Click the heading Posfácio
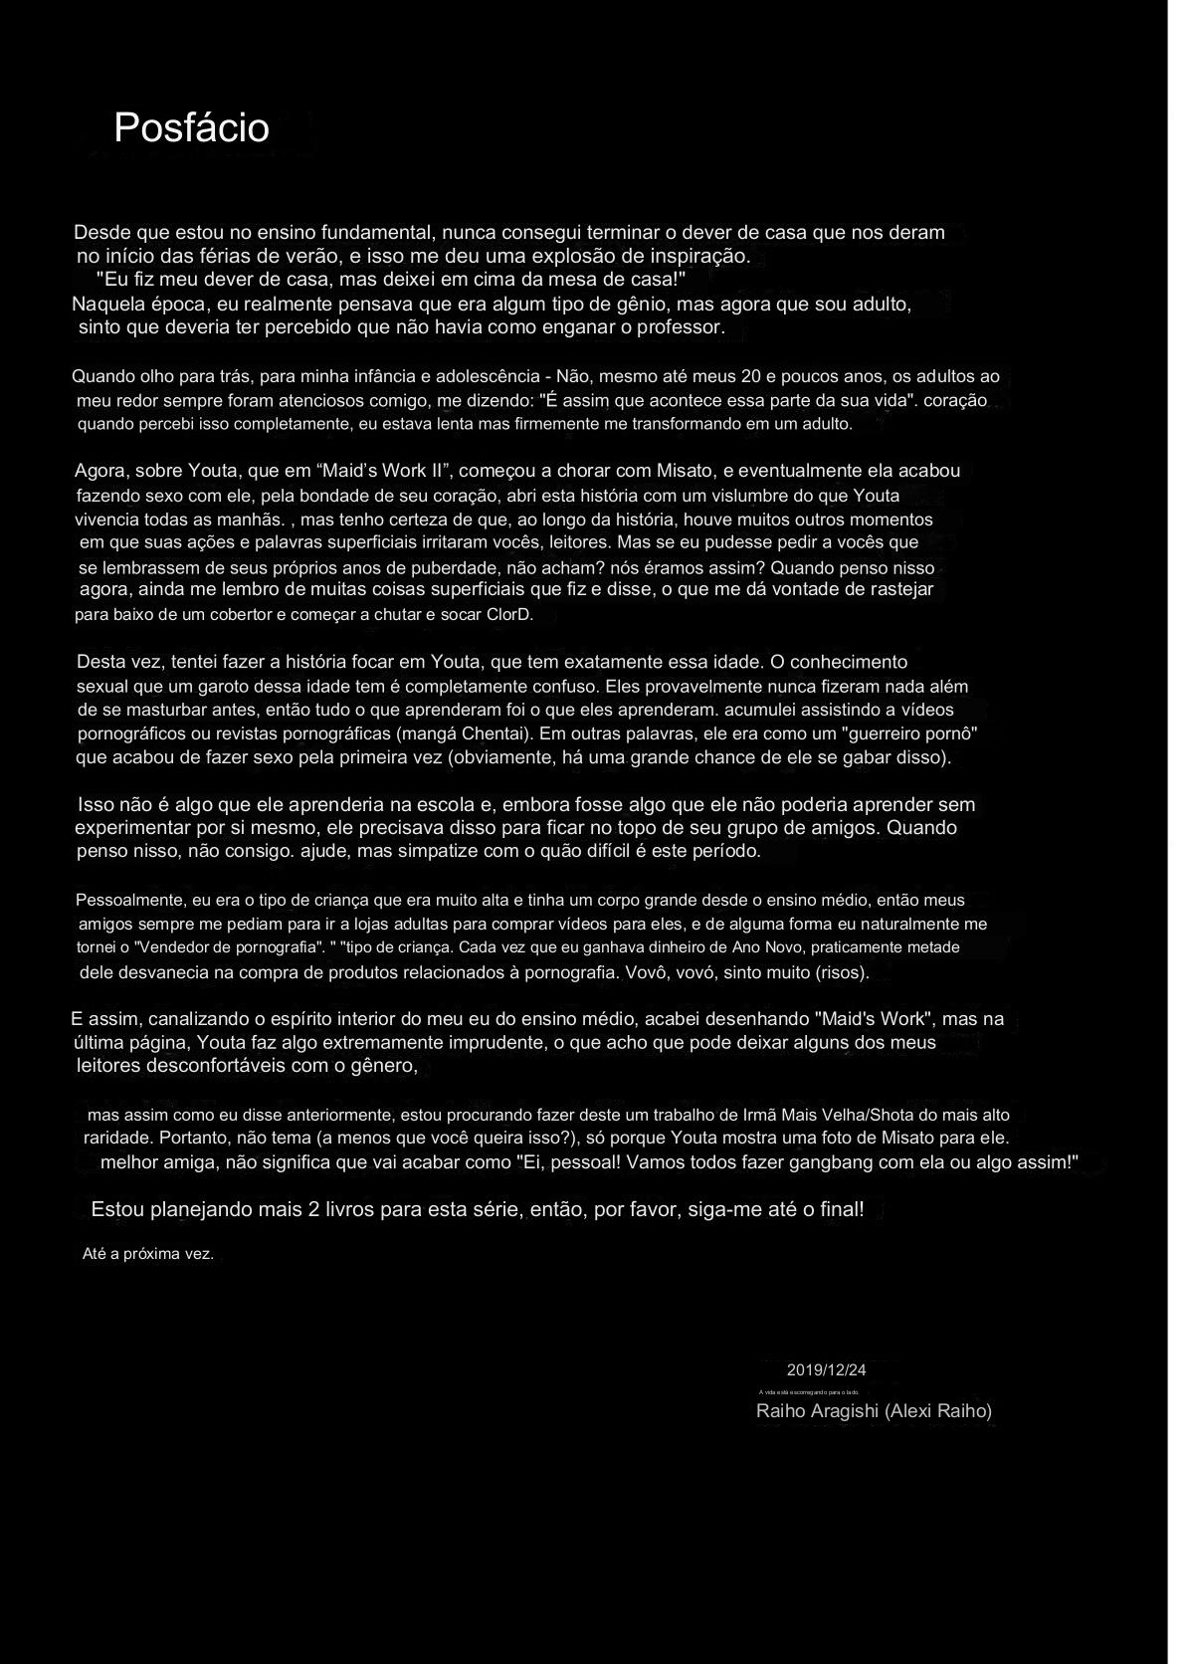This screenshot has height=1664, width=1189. [191, 127]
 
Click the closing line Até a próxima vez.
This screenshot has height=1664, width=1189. [147, 1253]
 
